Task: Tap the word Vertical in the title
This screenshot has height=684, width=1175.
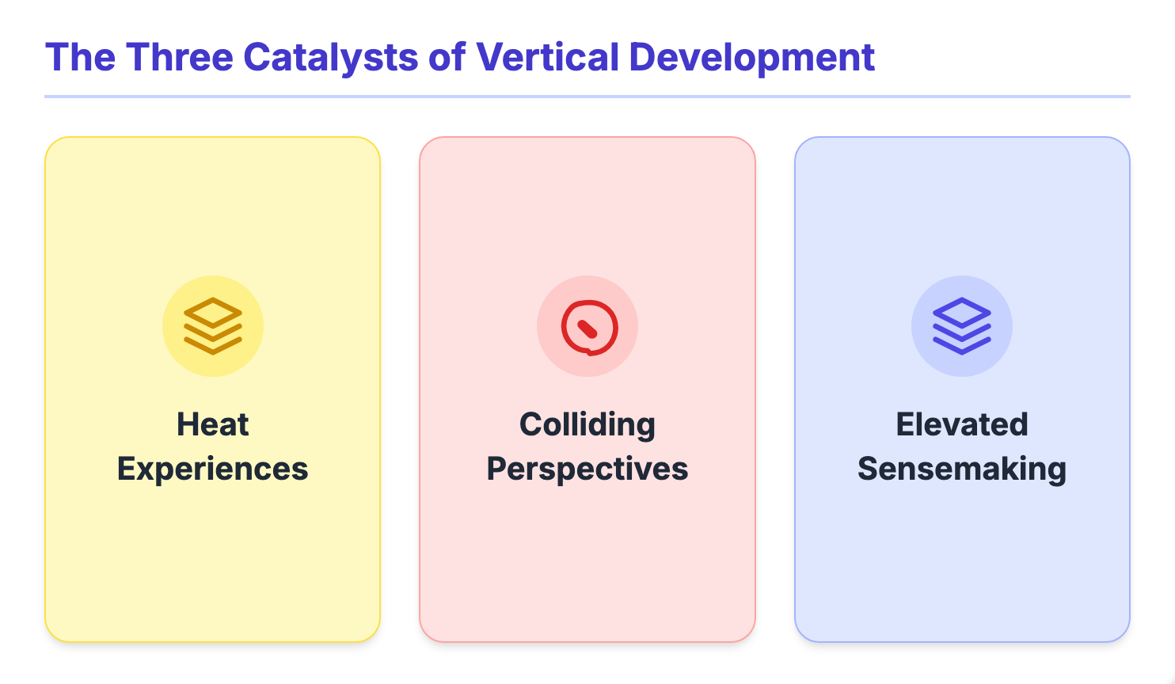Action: [547, 58]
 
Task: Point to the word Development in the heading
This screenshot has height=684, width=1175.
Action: [751, 58]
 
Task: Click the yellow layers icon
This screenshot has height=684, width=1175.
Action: [213, 326]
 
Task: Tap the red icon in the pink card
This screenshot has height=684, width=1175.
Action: [587, 326]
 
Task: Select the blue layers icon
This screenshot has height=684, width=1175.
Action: [962, 326]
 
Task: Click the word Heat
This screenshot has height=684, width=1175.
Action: [213, 425]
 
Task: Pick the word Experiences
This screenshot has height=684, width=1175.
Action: [213, 469]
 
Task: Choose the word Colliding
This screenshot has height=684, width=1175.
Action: [587, 425]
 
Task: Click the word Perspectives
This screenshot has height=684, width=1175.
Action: [587, 469]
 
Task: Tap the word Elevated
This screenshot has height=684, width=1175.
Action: [962, 425]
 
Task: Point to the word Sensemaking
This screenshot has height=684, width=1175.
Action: [962, 469]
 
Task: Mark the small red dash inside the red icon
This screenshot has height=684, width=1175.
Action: [587, 329]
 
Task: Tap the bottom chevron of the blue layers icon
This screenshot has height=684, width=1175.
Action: [962, 346]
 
